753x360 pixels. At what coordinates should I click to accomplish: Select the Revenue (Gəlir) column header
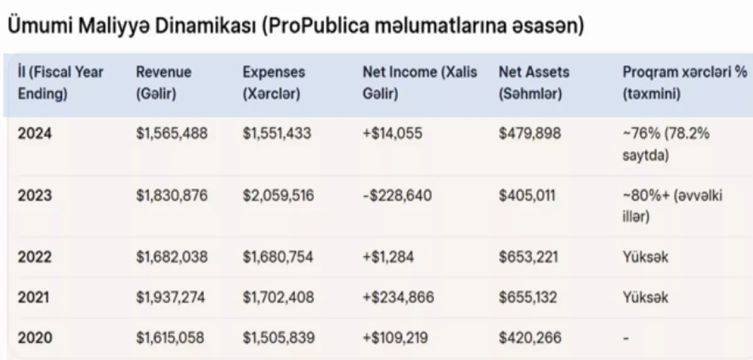[x=164, y=83]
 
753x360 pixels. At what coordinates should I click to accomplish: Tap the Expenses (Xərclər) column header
[x=274, y=83]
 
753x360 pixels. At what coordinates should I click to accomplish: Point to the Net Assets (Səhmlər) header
[x=534, y=83]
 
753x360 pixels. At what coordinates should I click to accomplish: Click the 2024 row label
[x=35, y=134]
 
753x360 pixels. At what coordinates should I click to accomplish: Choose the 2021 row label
[x=33, y=297]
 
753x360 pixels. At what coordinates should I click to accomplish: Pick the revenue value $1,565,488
[x=172, y=134]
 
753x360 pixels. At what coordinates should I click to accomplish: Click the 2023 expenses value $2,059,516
[x=278, y=195]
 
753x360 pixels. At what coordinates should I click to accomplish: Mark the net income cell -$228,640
[x=397, y=195]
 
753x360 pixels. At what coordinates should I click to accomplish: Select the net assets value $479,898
[x=530, y=134]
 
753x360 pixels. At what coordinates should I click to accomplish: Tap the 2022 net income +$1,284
[x=388, y=257]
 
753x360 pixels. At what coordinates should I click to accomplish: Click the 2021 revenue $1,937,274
[x=170, y=297]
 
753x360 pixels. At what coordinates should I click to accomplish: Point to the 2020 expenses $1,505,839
[x=279, y=337]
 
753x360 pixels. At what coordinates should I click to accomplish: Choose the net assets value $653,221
[x=528, y=257]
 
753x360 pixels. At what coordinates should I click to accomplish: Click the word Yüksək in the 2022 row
[x=646, y=257]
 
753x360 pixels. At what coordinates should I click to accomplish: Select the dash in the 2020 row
[x=626, y=338]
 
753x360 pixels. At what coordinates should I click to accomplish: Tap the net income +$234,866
[x=398, y=297]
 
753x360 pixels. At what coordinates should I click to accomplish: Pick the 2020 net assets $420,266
[x=530, y=337]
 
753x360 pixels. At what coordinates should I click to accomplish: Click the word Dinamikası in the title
[x=206, y=26]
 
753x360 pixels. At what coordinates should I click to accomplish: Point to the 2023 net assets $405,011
[x=526, y=195]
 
